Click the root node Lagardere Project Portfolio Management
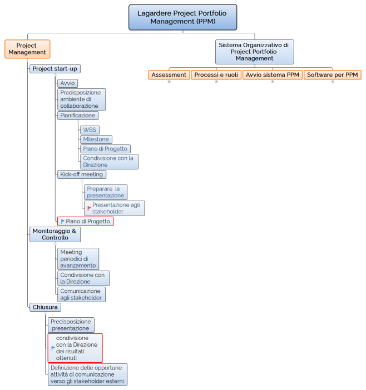tap(182, 17)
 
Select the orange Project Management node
tap(27, 49)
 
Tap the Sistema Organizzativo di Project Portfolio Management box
tap(254, 51)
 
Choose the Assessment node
tap(169, 74)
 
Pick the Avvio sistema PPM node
tap(273, 74)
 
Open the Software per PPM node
tap(333, 74)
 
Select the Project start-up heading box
tap(55, 68)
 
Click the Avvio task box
tap(67, 83)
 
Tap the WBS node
tap(89, 129)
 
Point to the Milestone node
tap(96, 139)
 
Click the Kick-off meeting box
tap(81, 174)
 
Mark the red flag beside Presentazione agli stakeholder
tap(89, 208)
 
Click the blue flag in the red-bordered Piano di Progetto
tap(63, 221)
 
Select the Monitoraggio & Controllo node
tap(55, 234)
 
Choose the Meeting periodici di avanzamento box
tap(78, 258)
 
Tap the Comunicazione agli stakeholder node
tap(81, 294)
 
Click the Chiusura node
tap(45, 307)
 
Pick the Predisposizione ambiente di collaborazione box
tap(81, 99)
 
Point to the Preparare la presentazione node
tap(106, 192)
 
